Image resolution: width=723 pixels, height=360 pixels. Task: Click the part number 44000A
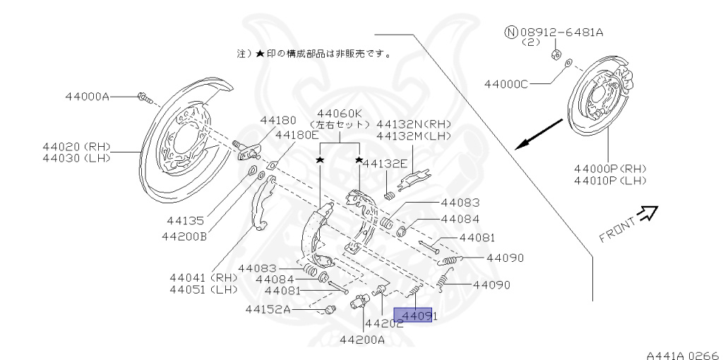tap(87, 96)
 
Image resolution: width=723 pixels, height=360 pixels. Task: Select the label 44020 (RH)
tap(79, 146)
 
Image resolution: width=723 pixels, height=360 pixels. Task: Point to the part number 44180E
tap(297, 135)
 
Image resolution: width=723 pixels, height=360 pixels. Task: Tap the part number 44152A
tap(268, 308)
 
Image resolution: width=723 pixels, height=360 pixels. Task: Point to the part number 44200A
tap(362, 340)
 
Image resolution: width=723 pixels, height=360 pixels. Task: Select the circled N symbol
tap(511, 32)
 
